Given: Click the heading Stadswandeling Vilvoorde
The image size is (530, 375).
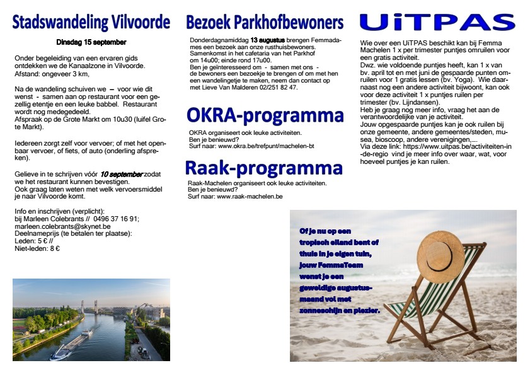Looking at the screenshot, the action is [x=91, y=23].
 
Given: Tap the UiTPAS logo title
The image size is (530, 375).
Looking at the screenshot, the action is [x=437, y=22].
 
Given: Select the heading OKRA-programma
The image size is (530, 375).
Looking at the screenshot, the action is [x=265, y=115].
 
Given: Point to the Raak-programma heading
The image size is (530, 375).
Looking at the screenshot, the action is [x=264, y=168].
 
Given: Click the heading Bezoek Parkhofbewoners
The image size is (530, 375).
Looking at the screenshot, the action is [x=265, y=23].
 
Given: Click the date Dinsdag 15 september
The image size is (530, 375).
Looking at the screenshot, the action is [x=91, y=42].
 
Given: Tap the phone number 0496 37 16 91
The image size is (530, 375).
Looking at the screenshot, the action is [x=115, y=219].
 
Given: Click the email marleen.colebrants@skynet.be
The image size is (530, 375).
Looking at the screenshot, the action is [x=62, y=226].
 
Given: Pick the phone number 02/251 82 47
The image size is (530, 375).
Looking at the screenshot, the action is [x=279, y=87].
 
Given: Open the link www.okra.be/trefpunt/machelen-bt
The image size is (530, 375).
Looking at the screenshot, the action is [x=266, y=146].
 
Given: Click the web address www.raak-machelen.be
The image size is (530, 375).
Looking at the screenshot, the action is [x=250, y=197].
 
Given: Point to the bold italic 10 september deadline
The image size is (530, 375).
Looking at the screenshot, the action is [x=122, y=175].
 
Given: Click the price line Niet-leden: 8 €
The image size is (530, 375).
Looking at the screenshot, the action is [x=37, y=248].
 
